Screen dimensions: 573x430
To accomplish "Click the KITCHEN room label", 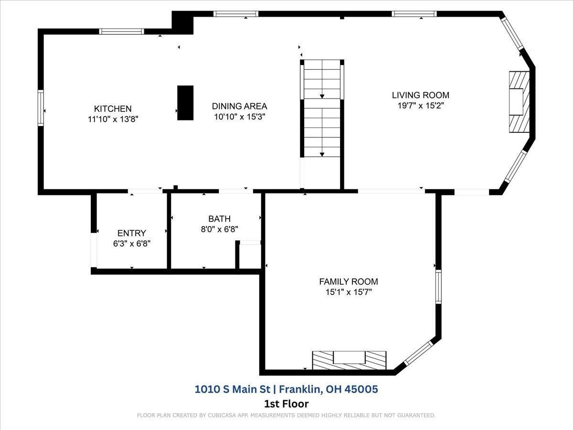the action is pyautogui.click(x=113, y=108).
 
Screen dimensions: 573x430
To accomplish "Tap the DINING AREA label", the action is pyautogui.click(x=239, y=106).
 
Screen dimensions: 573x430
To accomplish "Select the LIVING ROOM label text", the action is pyautogui.click(x=421, y=95).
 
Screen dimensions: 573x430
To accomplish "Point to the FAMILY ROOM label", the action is pyautogui.click(x=349, y=281).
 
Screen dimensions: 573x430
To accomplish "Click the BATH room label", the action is pyautogui.click(x=219, y=218).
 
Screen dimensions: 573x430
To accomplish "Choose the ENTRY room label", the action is pyautogui.click(x=132, y=233).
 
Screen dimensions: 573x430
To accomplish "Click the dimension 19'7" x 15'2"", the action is pyautogui.click(x=421, y=106).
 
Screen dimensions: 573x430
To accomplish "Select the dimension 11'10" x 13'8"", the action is pyautogui.click(x=113, y=119).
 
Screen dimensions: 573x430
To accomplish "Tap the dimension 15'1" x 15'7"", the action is pyautogui.click(x=349, y=292).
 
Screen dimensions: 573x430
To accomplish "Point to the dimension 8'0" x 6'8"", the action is pyautogui.click(x=219, y=229).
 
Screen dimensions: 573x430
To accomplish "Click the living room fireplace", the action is pyautogui.click(x=519, y=102).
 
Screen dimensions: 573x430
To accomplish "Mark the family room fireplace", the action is pyautogui.click(x=349, y=360).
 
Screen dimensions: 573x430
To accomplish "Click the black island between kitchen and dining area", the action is pyautogui.click(x=185, y=103).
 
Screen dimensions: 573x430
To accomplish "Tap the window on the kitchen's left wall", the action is pyautogui.click(x=41, y=108).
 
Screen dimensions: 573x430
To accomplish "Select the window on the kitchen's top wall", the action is pyautogui.click(x=122, y=32).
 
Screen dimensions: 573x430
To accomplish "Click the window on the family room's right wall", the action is pyautogui.click(x=438, y=287).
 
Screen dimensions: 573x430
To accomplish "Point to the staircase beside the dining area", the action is pyautogui.click(x=322, y=108).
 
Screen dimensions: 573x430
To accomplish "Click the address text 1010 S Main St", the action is pyautogui.click(x=233, y=389).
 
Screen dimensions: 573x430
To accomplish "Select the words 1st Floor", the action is pyautogui.click(x=286, y=404).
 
